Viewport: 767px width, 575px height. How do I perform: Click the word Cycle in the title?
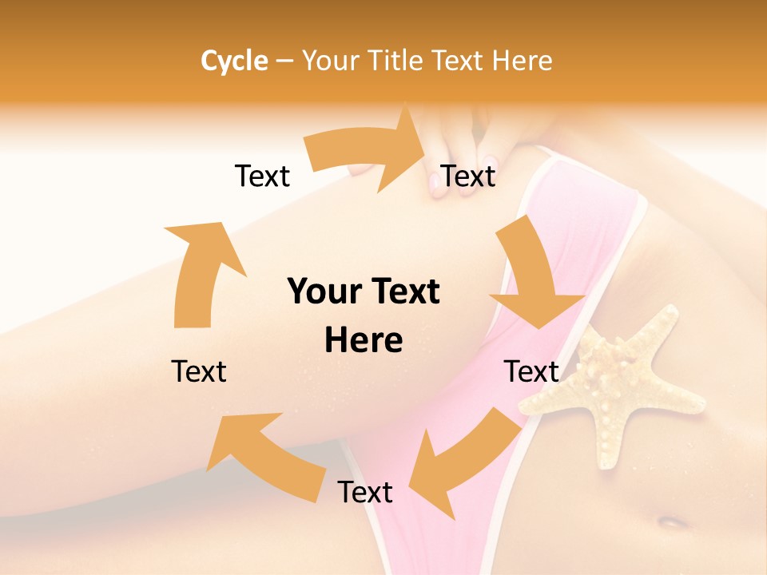click(234, 61)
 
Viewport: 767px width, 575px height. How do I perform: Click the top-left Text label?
click(262, 176)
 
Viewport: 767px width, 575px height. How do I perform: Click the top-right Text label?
click(468, 176)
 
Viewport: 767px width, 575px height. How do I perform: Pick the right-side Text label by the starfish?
click(531, 371)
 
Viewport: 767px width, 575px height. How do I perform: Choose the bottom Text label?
click(365, 492)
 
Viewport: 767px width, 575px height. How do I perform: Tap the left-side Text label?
click(199, 371)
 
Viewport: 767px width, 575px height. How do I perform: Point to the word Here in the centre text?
click(364, 341)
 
